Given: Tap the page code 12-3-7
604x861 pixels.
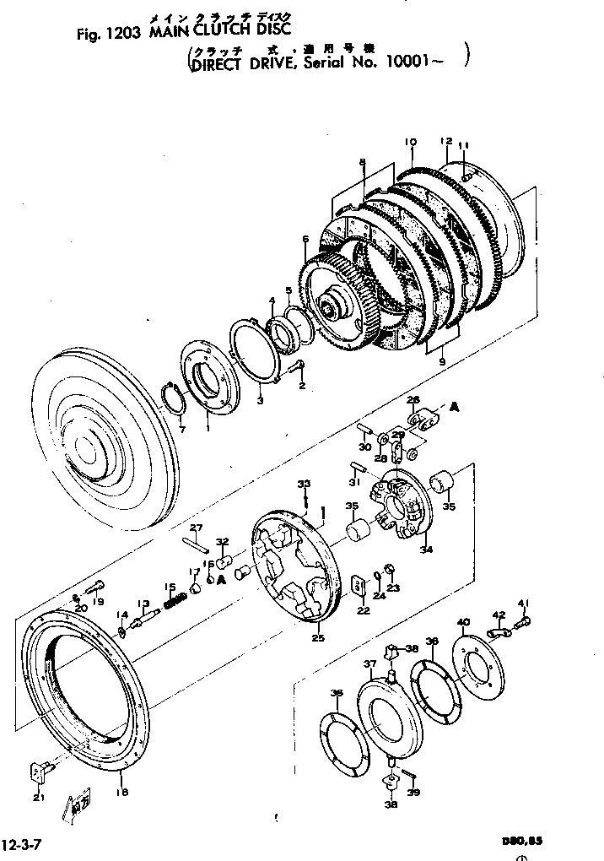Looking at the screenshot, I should [23, 843].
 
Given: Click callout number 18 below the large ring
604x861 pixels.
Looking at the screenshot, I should [122, 792].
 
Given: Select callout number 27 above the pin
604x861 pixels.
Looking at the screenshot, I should [196, 528].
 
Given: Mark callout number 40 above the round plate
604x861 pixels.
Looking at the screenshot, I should [463, 623].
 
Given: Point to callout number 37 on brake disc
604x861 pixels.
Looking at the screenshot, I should [369, 665].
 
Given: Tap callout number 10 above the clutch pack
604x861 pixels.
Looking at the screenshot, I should [410, 143].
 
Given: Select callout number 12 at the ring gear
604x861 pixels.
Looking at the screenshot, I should [446, 141].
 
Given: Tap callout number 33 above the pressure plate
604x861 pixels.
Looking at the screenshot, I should [304, 484].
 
